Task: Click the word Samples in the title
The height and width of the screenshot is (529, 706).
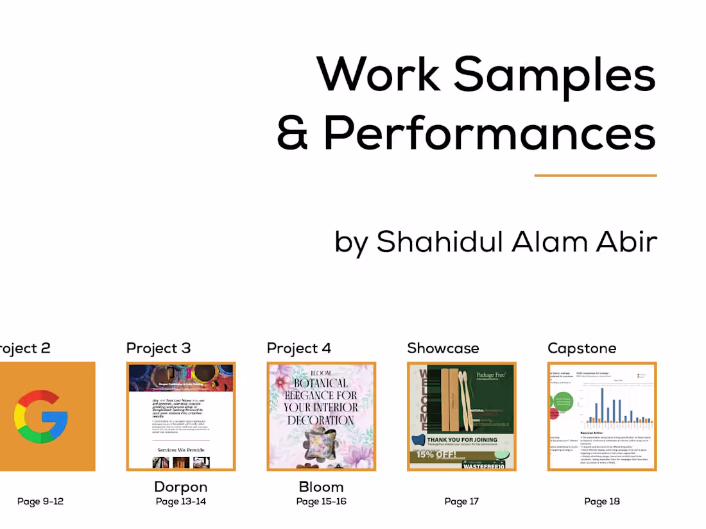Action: (555, 75)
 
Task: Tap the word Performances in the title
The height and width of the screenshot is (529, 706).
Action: (489, 133)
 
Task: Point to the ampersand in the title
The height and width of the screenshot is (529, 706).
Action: (293, 133)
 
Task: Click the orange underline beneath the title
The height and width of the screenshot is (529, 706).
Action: (595, 175)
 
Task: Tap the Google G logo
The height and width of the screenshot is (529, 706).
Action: (41, 417)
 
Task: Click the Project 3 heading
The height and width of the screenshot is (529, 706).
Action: (159, 348)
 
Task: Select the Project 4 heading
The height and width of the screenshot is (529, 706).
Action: (299, 348)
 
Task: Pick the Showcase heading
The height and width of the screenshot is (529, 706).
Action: (443, 348)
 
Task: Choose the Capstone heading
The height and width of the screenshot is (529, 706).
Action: (581, 348)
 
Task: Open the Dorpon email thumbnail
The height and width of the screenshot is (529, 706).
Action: (181, 416)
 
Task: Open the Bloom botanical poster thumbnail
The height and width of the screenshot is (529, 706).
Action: (321, 416)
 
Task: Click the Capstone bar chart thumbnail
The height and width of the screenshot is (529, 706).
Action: (602, 416)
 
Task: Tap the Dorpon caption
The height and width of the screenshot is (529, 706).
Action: (181, 487)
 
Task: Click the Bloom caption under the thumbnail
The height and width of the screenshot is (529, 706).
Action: (321, 487)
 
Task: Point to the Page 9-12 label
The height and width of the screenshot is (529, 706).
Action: (40, 501)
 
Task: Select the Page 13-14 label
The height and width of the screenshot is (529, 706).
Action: (181, 501)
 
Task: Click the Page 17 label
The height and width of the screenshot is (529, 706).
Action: (461, 501)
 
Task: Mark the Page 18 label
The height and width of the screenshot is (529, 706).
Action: (602, 501)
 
